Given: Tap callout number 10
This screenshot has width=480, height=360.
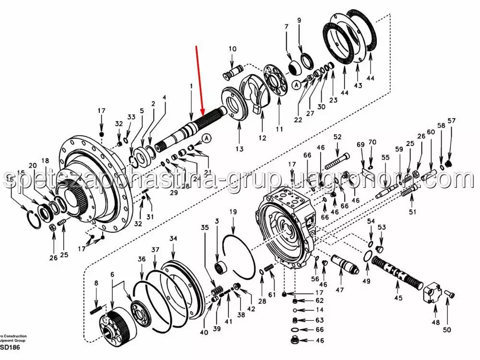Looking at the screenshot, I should (x=232, y=48).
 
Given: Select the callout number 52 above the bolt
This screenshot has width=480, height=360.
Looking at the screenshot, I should (x=338, y=137).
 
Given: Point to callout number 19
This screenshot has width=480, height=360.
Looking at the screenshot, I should (x=233, y=212).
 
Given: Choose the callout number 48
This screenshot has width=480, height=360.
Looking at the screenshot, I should (x=435, y=323).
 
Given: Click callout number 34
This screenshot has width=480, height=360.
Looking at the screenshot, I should (x=173, y=238).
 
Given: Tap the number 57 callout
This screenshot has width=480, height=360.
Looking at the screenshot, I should (x=451, y=120).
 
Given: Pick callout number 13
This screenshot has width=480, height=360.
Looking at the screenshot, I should (x=240, y=149).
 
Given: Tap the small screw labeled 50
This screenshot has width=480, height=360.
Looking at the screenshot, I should (x=449, y=294).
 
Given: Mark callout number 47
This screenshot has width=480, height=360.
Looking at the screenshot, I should (x=340, y=290).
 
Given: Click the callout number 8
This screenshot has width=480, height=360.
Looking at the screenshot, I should (x=96, y=283).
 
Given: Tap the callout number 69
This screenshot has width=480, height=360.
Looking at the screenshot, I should (x=361, y=144).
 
